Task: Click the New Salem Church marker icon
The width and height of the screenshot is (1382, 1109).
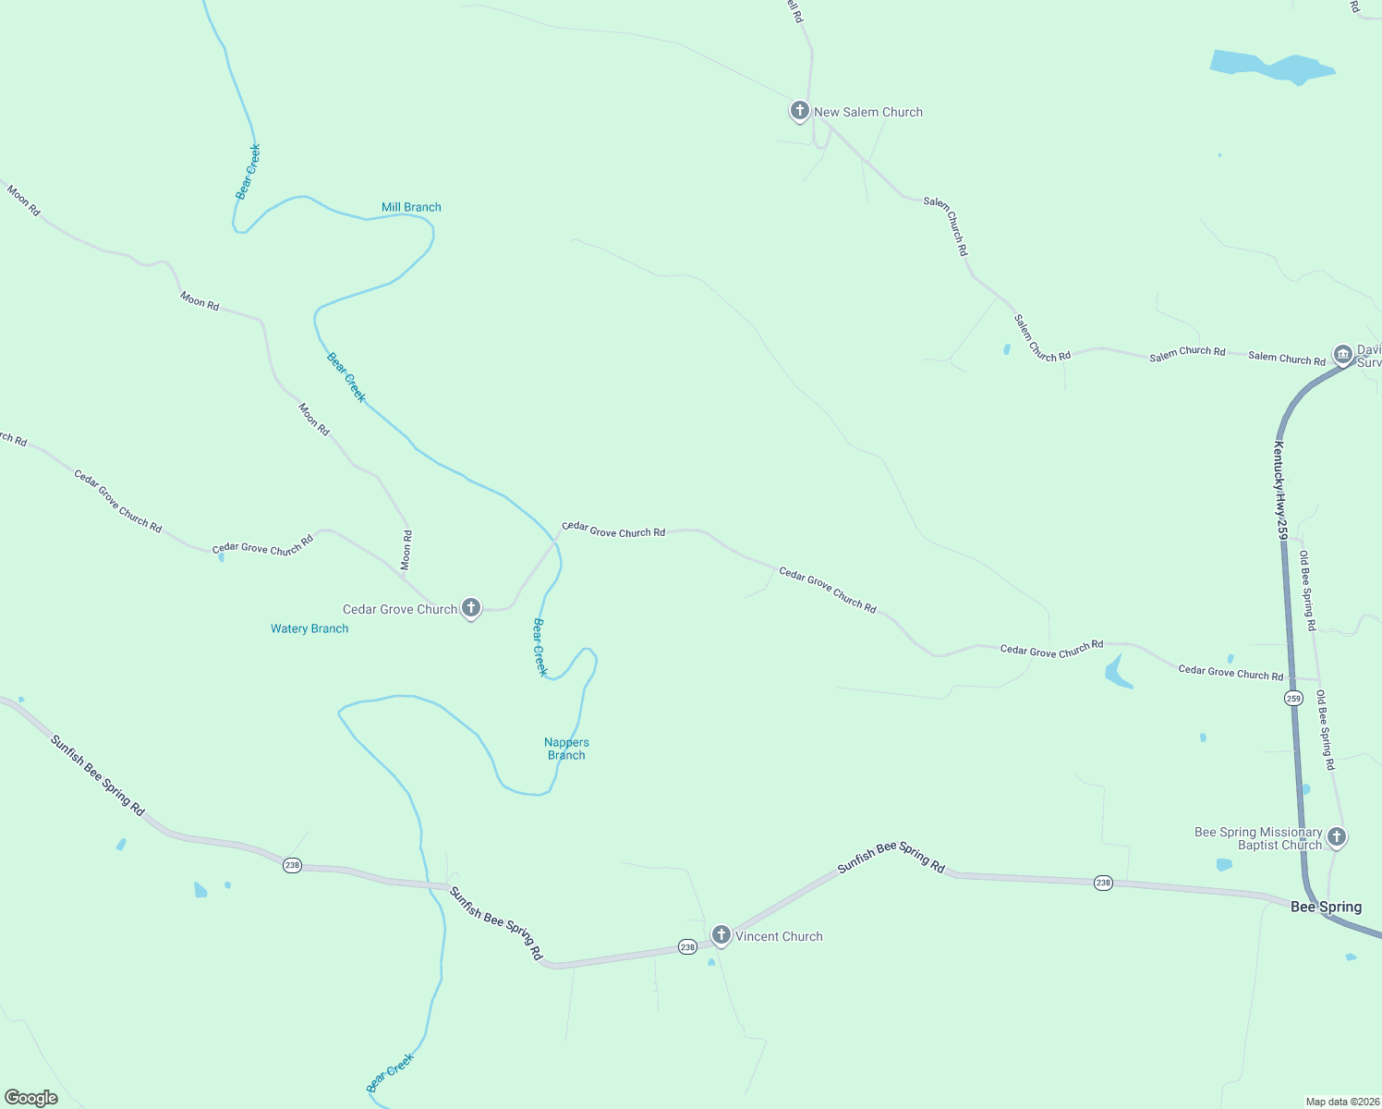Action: click(x=799, y=111)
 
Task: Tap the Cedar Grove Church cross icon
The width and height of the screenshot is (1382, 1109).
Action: click(x=471, y=608)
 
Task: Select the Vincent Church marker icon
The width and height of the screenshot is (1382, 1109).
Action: click(x=721, y=935)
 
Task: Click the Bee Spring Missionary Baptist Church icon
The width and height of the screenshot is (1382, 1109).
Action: click(x=1336, y=837)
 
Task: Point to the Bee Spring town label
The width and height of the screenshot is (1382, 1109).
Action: click(x=1326, y=907)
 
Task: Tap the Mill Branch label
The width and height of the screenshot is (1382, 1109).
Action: click(x=411, y=207)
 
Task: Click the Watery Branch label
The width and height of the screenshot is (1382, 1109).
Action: click(x=309, y=628)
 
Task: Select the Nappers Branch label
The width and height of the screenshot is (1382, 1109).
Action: click(x=566, y=749)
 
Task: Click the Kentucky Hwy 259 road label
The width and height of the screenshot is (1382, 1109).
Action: click(x=1280, y=490)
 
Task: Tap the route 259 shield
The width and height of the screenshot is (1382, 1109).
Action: click(x=1293, y=699)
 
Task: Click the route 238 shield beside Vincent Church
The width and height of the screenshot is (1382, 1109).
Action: click(x=686, y=947)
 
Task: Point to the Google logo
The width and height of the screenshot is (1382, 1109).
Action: click(x=31, y=1097)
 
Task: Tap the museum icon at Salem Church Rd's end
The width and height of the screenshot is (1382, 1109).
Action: click(x=1342, y=355)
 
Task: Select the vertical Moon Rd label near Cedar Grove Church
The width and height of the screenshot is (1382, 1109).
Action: click(x=406, y=549)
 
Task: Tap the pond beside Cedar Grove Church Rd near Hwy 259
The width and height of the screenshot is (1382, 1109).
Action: click(x=1117, y=672)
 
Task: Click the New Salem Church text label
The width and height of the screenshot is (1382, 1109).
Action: click(x=868, y=112)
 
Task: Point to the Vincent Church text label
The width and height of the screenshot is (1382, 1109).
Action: click(x=779, y=936)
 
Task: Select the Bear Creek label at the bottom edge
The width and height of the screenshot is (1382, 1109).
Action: click(x=390, y=1073)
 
